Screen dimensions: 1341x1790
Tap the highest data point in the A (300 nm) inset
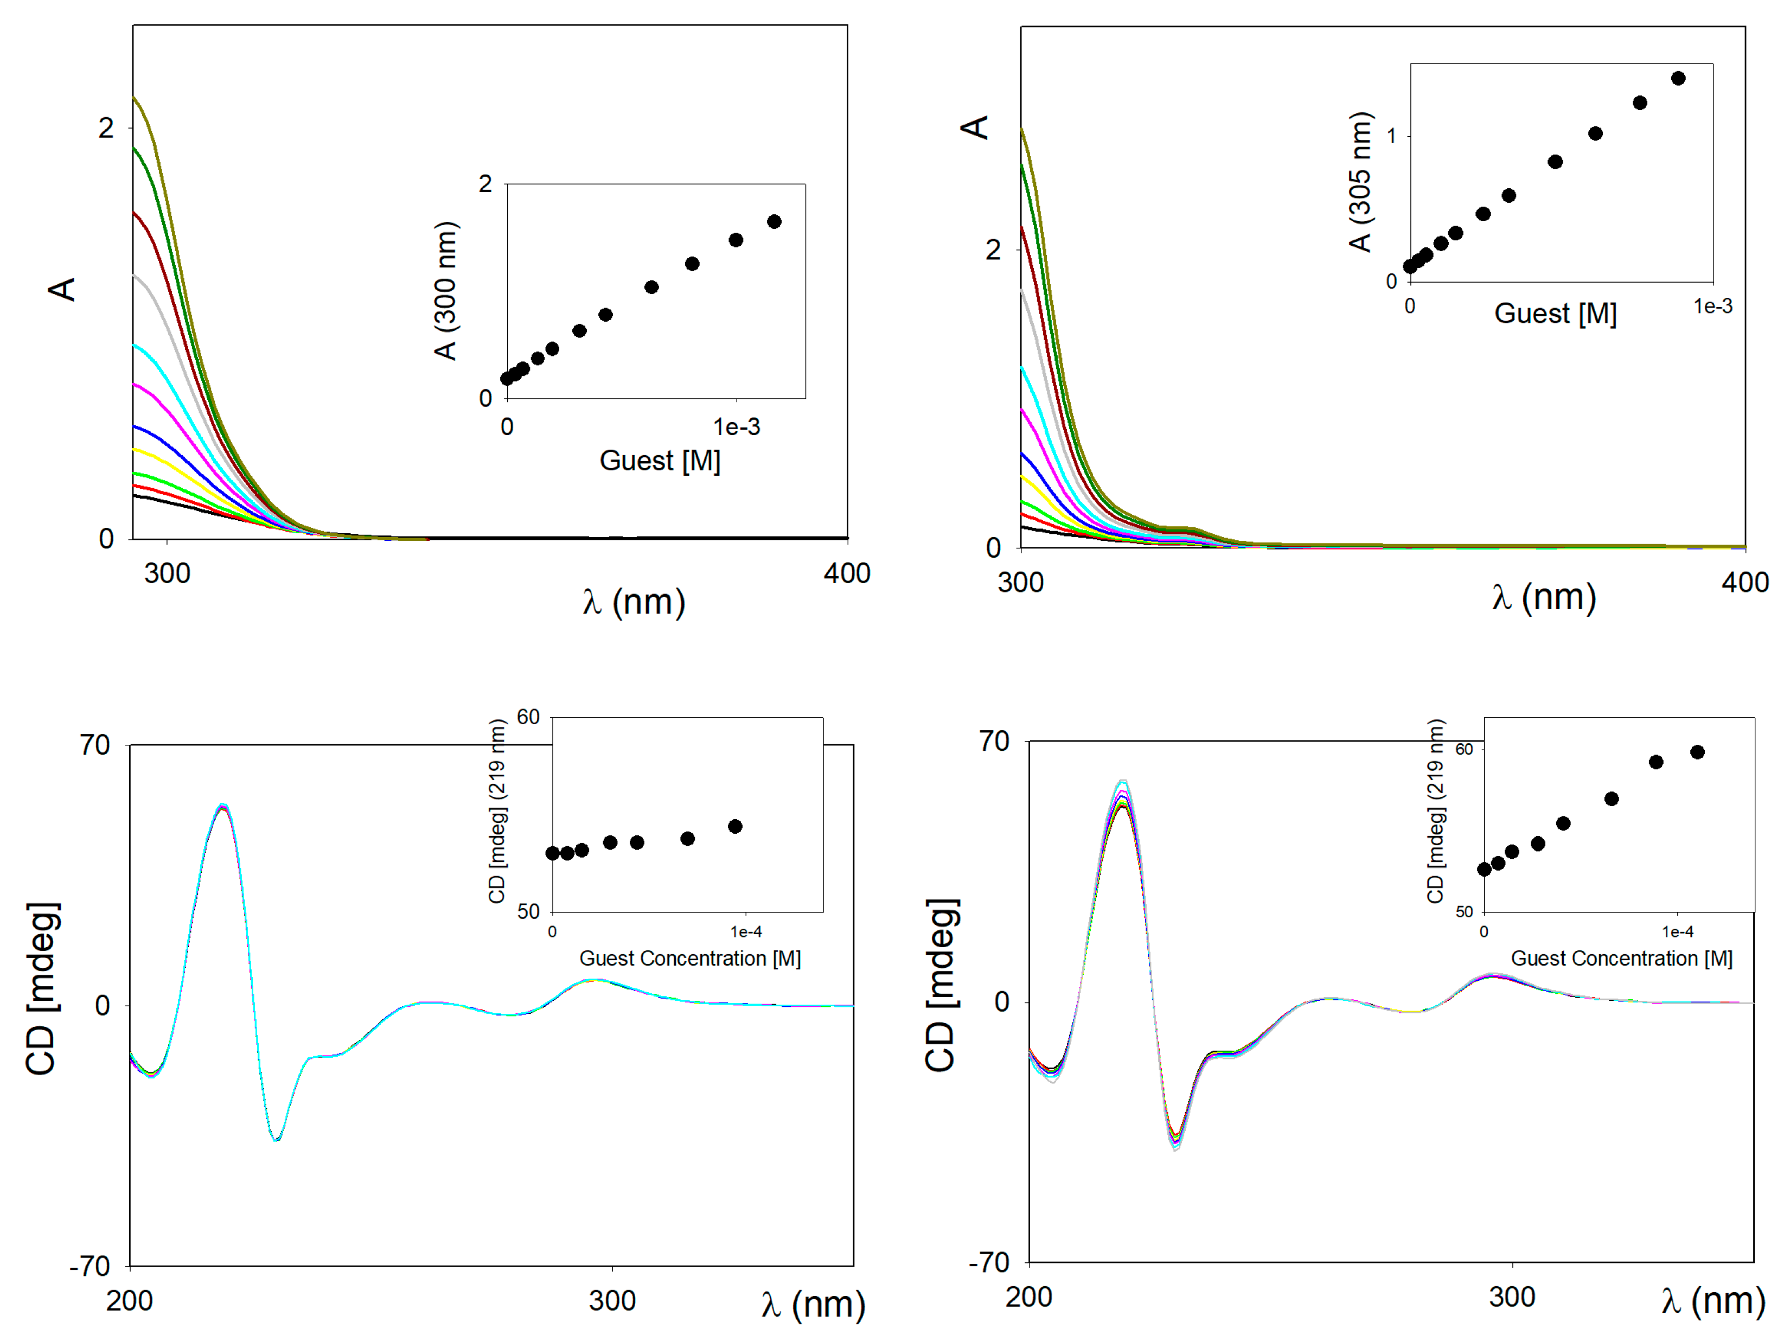tap(775, 222)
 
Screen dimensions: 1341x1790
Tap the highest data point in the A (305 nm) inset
tap(1678, 79)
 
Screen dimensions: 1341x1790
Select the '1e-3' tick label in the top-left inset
tap(737, 427)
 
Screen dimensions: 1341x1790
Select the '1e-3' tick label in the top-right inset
tap(1713, 306)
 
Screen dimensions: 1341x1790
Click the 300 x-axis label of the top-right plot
tap(1020, 583)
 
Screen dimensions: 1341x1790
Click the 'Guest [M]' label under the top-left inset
tap(660, 461)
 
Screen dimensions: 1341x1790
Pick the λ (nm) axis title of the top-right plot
tap(1544, 598)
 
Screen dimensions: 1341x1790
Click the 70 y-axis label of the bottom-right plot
tap(994, 742)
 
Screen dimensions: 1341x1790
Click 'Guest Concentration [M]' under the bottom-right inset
tap(1622, 958)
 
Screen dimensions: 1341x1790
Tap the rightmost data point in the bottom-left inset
tap(735, 826)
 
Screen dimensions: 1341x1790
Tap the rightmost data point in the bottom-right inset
tap(1698, 752)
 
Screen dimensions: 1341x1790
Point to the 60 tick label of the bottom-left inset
tap(528, 717)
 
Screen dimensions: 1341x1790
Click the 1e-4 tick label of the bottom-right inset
tap(1678, 931)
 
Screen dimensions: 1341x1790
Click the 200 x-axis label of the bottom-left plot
tap(130, 1300)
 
